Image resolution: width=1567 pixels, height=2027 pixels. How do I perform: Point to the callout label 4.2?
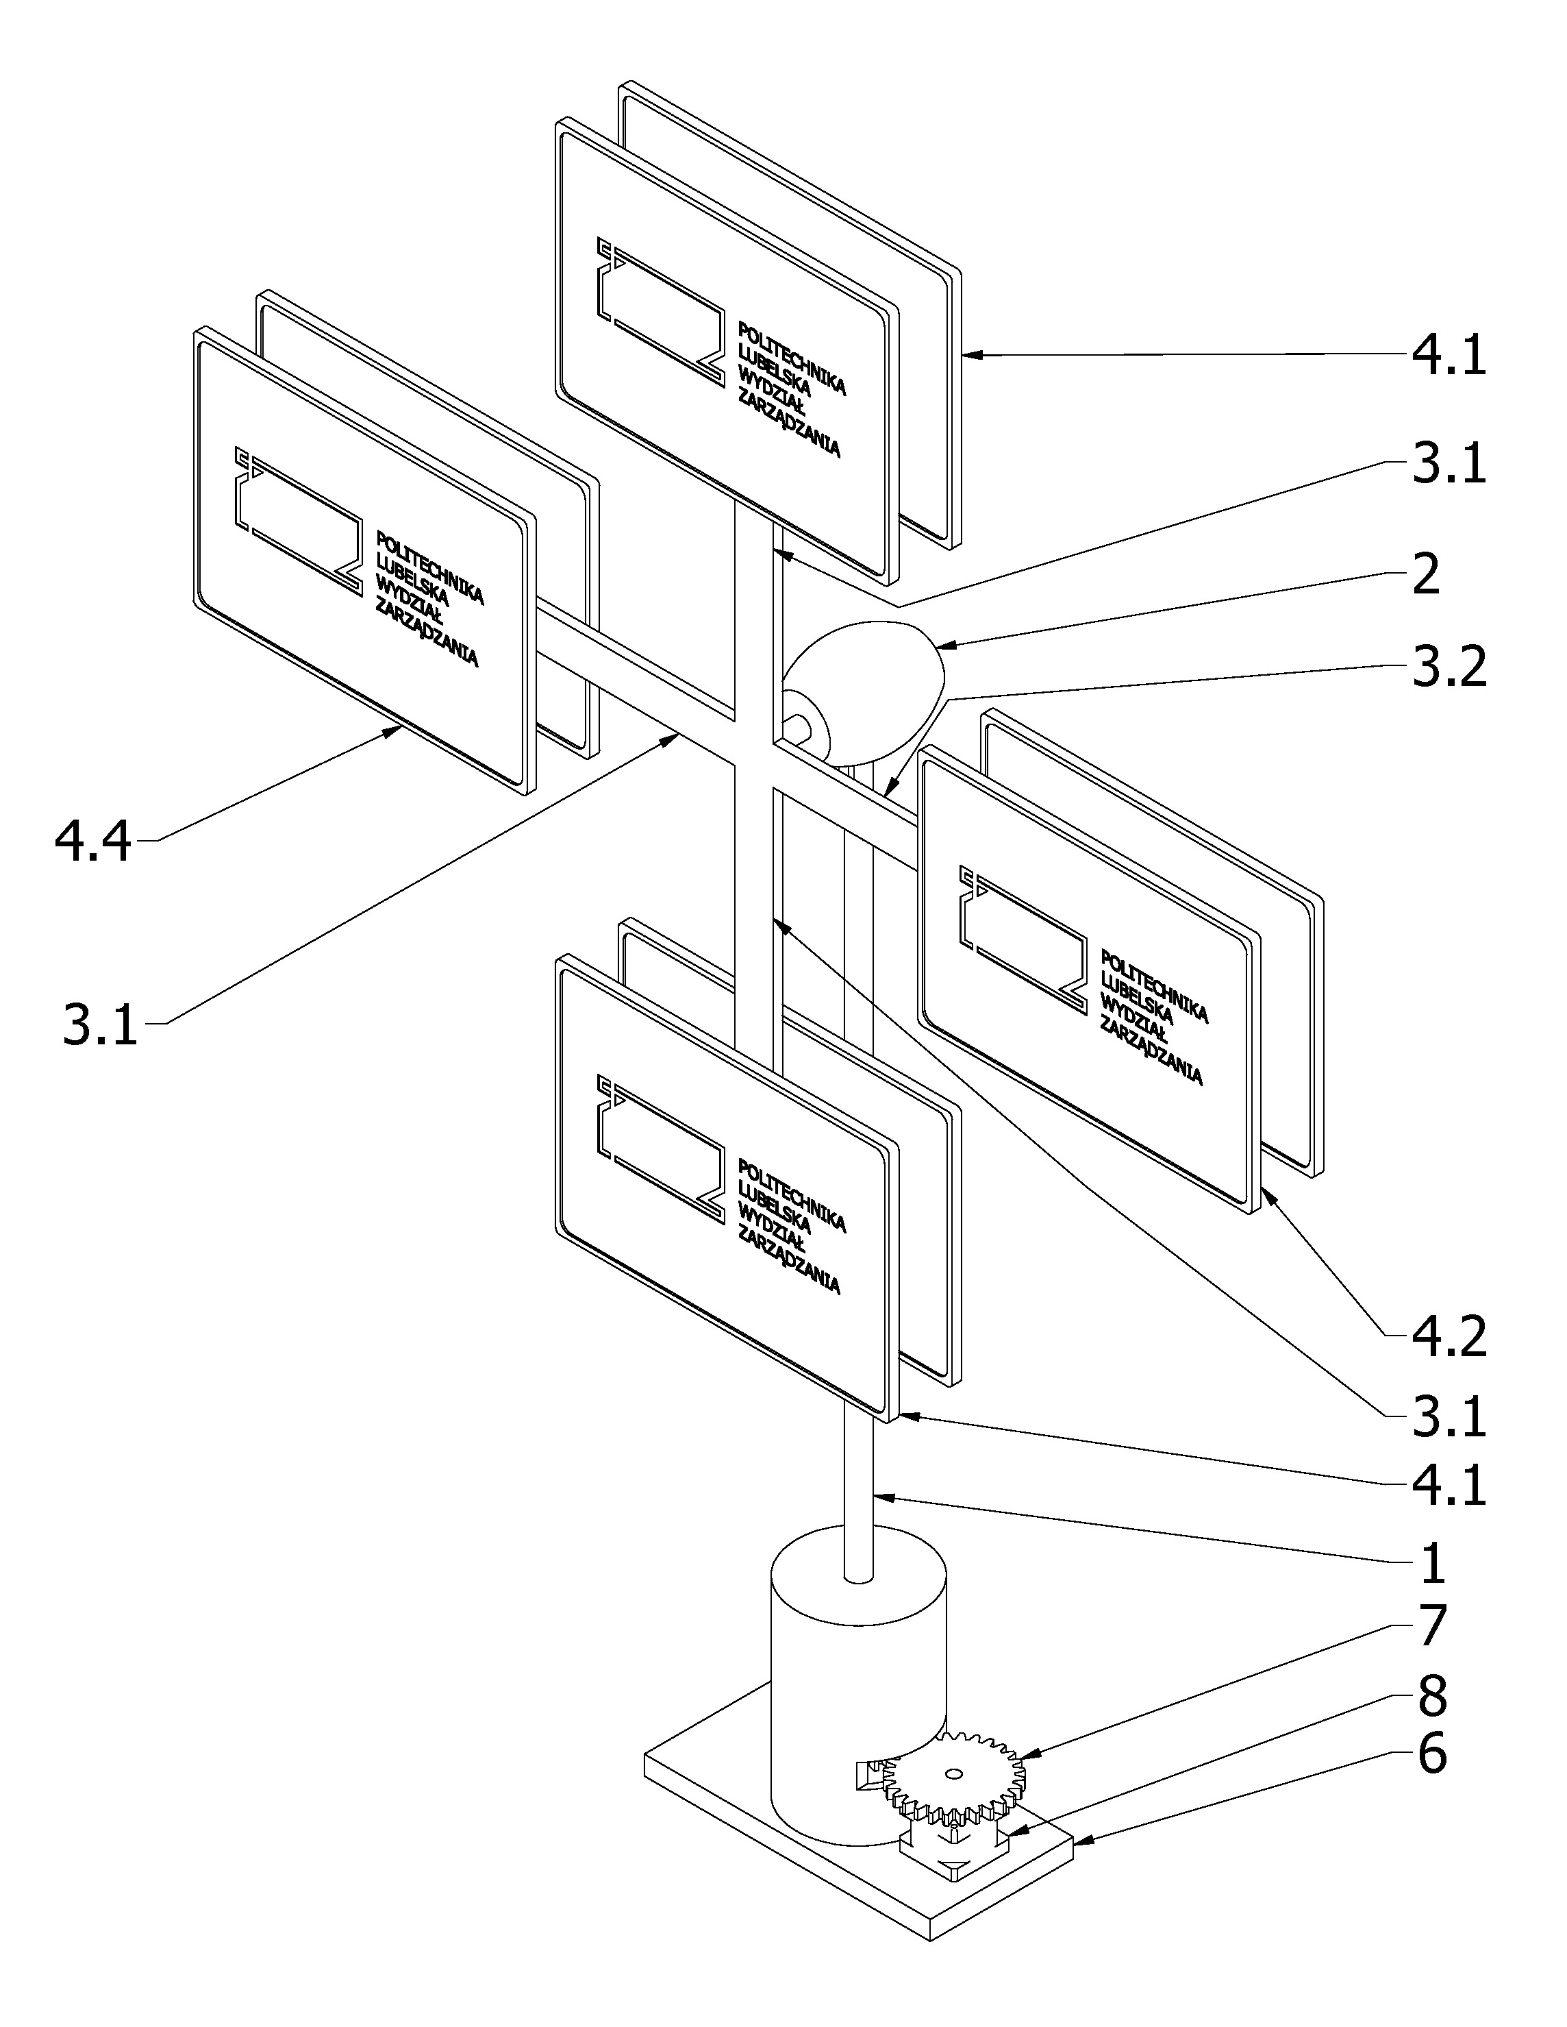[1449, 1336]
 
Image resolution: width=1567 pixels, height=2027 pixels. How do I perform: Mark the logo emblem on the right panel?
[1023, 941]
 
